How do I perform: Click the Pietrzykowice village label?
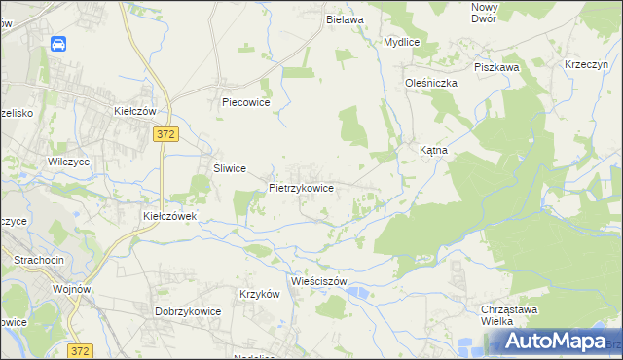(x=302, y=187)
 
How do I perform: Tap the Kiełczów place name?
(x=135, y=112)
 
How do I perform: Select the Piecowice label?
(x=245, y=101)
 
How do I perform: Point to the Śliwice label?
(x=229, y=167)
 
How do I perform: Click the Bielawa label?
(x=345, y=19)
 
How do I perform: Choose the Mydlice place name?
(x=401, y=43)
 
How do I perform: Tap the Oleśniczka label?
(x=431, y=83)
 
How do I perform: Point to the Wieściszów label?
(x=312, y=281)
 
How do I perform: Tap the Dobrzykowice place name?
(x=188, y=311)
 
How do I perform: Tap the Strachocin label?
(x=38, y=260)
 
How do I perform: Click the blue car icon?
(x=58, y=45)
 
